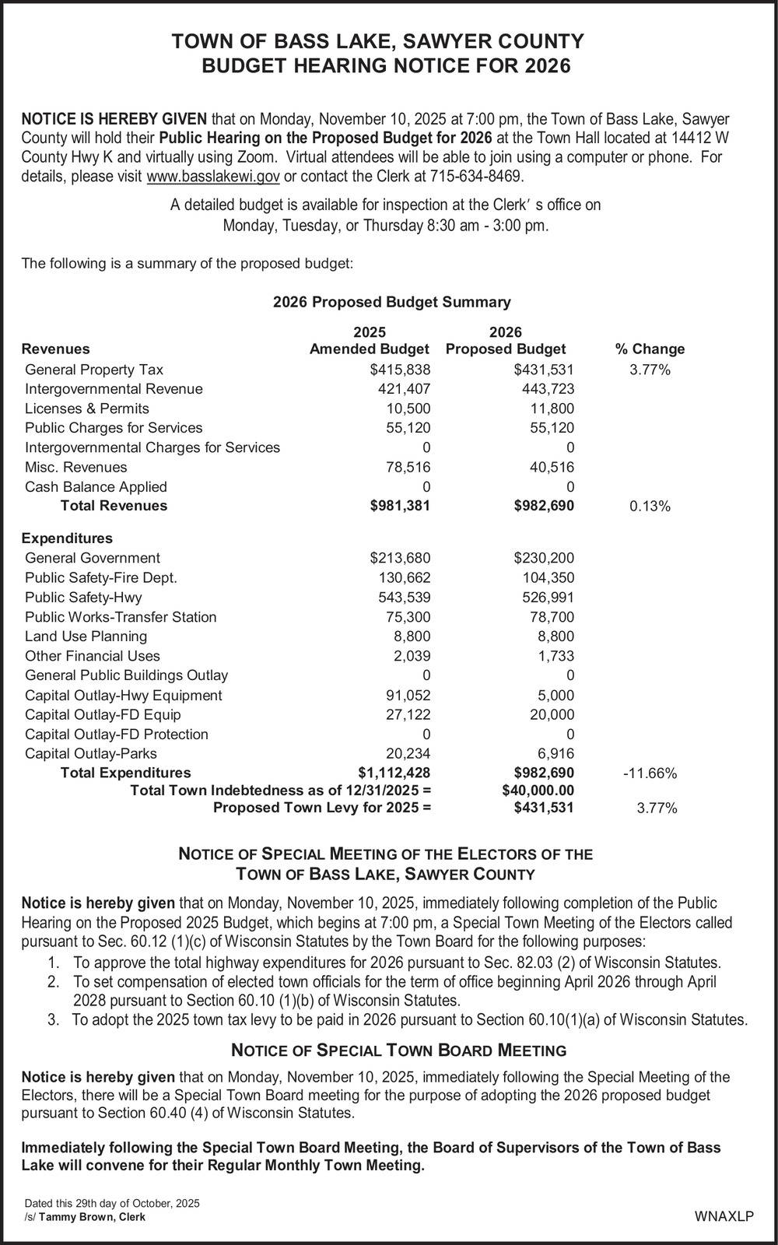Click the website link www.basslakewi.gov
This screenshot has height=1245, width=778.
click(213, 177)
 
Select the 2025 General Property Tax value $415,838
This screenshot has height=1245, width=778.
click(400, 370)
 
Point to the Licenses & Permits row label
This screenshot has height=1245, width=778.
click(87, 409)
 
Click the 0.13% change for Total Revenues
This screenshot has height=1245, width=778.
click(650, 507)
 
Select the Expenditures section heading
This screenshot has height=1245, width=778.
click(67, 538)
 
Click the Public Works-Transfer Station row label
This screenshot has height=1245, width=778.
click(121, 617)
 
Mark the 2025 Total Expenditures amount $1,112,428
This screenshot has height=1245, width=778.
click(394, 773)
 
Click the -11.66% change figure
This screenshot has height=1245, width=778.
click(650, 773)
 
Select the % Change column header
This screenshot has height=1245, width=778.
click(650, 349)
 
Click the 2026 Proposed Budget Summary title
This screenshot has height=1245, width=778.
click(392, 302)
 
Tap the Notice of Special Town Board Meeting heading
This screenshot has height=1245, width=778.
click(399, 1050)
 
